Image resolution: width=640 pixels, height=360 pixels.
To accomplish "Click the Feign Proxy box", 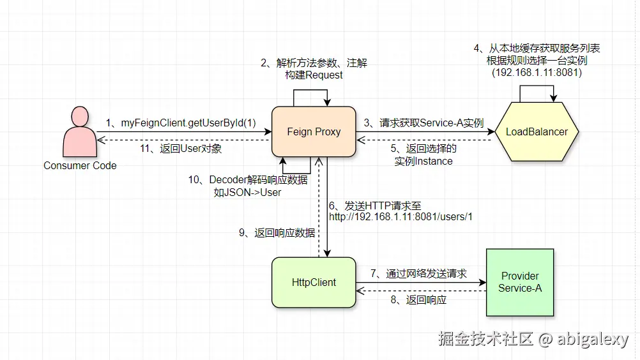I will [x=314, y=132].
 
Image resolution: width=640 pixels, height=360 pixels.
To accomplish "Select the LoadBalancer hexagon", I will [x=537, y=132].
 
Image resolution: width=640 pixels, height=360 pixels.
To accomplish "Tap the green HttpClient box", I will [x=314, y=282].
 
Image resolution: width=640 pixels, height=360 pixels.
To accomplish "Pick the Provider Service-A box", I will [x=520, y=282].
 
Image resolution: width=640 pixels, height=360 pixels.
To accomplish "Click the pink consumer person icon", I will [x=80, y=133].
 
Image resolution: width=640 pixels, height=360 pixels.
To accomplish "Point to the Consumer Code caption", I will [x=80, y=165].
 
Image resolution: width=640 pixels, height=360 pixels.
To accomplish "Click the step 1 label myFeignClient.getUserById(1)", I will [x=181, y=122].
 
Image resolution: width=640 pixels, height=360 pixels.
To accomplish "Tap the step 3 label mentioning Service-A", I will [x=423, y=123].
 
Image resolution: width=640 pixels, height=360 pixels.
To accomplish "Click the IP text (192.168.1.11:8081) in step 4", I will [x=537, y=73].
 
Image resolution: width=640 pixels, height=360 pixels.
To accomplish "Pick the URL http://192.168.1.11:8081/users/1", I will [x=400, y=217].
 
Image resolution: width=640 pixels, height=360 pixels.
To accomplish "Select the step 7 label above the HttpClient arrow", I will [x=418, y=273].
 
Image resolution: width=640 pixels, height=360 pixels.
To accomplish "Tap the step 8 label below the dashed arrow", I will [x=418, y=299].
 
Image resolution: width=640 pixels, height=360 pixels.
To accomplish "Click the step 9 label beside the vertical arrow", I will [x=277, y=233].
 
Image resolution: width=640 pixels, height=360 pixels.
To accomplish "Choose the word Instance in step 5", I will [x=434, y=161].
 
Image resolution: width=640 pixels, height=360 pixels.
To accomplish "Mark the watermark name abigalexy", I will [x=592, y=339].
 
